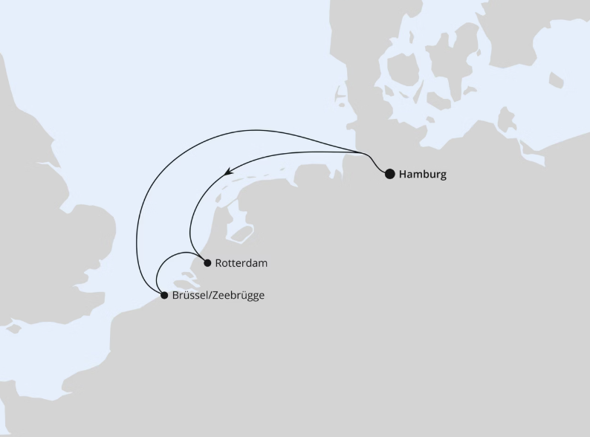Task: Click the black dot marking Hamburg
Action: coord(389,175)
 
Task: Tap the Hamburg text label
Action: coord(423,175)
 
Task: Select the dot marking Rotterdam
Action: coord(207,262)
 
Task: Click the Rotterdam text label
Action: coord(241,263)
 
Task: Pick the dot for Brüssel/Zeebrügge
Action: coord(164,295)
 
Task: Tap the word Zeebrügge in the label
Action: coord(239,295)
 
